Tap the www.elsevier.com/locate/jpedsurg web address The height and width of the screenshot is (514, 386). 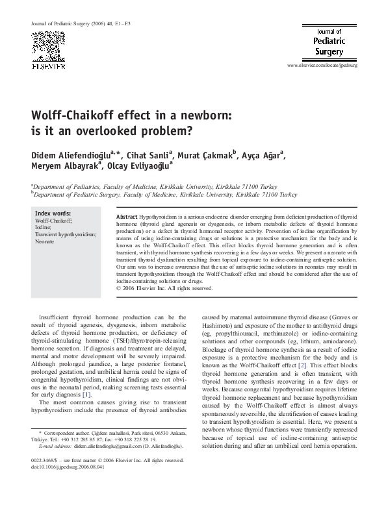[x=326, y=66]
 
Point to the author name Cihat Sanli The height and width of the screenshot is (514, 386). [x=158, y=156]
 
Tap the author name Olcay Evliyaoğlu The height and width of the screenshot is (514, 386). [x=144, y=169]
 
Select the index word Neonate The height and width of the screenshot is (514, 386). [x=45, y=241]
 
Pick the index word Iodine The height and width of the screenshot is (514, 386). [x=43, y=228]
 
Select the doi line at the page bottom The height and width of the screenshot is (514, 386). [x=66, y=466]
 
